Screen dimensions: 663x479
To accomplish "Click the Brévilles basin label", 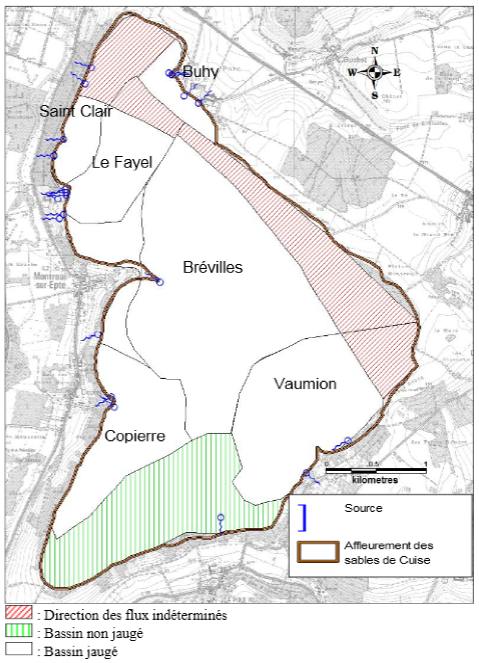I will pos(213,267).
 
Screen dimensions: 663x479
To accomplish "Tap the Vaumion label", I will pos(305,384).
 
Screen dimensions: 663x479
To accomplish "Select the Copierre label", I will pos(135,436).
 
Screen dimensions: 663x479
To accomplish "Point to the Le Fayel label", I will pos(122,162).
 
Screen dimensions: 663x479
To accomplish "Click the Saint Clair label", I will pos(75,111).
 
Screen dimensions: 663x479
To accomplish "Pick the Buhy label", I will pos(201,72).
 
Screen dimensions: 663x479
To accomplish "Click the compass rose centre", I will pos(374,73).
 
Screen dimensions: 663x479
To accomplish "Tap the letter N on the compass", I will pos(374,51).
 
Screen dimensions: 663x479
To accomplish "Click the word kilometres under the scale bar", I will pos(375,480).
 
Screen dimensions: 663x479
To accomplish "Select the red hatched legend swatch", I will pos(18,612).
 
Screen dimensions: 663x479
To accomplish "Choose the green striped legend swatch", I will pos(18,630).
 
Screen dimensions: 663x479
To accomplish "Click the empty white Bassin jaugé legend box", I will pos(18,649).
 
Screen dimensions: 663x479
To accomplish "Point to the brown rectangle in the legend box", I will pos(318,552).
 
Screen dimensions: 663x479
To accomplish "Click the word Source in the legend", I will pos(363,508).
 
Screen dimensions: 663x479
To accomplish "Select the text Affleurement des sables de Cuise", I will pos(388,552).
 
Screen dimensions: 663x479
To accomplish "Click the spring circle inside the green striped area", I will pos(220,517).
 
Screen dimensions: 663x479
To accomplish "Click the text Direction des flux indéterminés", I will pos(135,615).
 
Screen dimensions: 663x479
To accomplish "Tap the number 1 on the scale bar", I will pos(426,464).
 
